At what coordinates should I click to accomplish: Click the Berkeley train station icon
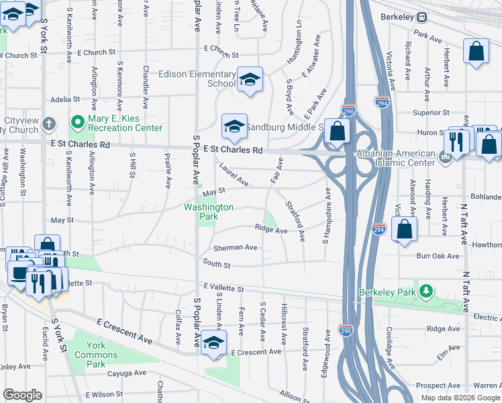click(x=422, y=17)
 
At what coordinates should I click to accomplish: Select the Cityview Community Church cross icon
click(x=48, y=124)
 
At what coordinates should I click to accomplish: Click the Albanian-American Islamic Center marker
click(x=444, y=158)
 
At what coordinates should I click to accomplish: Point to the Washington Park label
click(x=209, y=212)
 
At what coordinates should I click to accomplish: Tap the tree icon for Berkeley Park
click(x=425, y=291)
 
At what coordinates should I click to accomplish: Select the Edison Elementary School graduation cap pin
click(x=250, y=81)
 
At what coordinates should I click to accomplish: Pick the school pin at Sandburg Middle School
click(x=234, y=126)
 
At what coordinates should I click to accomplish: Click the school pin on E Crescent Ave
click(x=213, y=343)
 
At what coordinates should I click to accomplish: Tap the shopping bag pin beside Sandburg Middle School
click(x=338, y=132)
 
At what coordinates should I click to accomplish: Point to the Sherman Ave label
click(x=238, y=247)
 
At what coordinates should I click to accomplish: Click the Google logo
click(x=23, y=395)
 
